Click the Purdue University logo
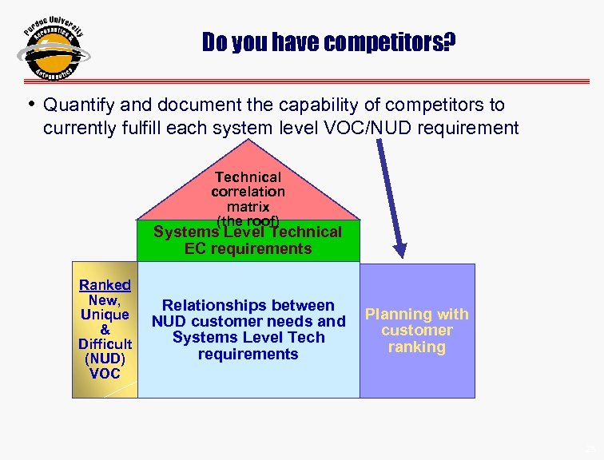pos(53,50)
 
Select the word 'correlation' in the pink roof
pos(248,192)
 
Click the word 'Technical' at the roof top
pos(248,176)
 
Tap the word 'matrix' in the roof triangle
pos(248,206)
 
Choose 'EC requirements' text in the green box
pos(248,248)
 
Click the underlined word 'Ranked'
pos(105,285)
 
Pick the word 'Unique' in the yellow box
pos(105,315)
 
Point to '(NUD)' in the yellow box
pos(105,359)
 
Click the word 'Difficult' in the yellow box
pos(105,344)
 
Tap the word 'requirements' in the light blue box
pos(248,354)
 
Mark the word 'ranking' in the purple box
pos(416,347)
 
